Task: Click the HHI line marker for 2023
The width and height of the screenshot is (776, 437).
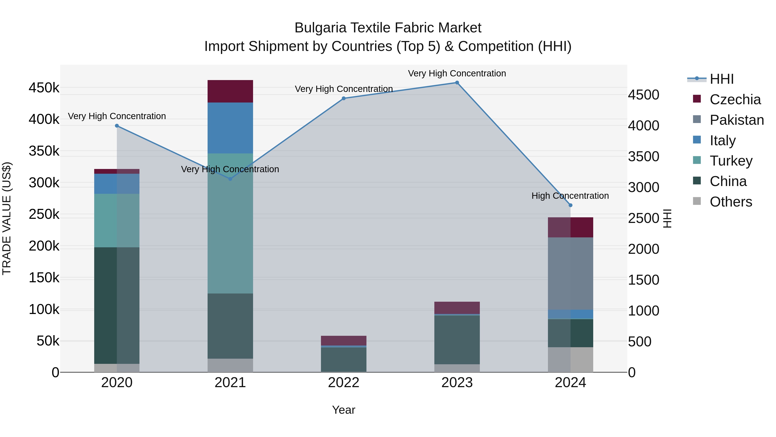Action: click(x=457, y=83)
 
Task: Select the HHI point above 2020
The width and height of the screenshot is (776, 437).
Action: click(x=117, y=126)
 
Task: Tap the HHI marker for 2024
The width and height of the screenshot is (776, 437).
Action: click(x=570, y=205)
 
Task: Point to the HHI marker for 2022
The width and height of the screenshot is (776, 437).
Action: click(x=344, y=98)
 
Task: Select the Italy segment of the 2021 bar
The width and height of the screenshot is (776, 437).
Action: click(x=230, y=128)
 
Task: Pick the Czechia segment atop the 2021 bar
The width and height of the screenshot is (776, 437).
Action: click(x=230, y=91)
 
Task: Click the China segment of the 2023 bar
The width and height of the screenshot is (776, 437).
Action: click(x=457, y=340)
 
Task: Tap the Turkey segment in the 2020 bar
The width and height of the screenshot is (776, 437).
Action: click(x=117, y=221)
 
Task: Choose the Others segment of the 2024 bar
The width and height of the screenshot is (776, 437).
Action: click(x=570, y=360)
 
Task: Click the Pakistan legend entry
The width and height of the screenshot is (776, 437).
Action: click(x=737, y=120)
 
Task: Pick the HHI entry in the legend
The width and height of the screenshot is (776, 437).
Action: click(x=721, y=79)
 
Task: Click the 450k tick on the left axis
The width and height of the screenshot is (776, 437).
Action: click(x=44, y=88)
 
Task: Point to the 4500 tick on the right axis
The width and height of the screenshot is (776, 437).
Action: click(x=643, y=95)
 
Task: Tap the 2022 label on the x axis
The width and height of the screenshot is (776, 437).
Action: click(x=344, y=383)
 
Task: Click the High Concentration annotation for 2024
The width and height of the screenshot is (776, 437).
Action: click(x=570, y=196)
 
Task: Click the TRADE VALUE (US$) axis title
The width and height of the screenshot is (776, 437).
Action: click(x=7, y=218)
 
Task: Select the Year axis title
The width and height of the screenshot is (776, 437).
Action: click(x=344, y=410)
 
